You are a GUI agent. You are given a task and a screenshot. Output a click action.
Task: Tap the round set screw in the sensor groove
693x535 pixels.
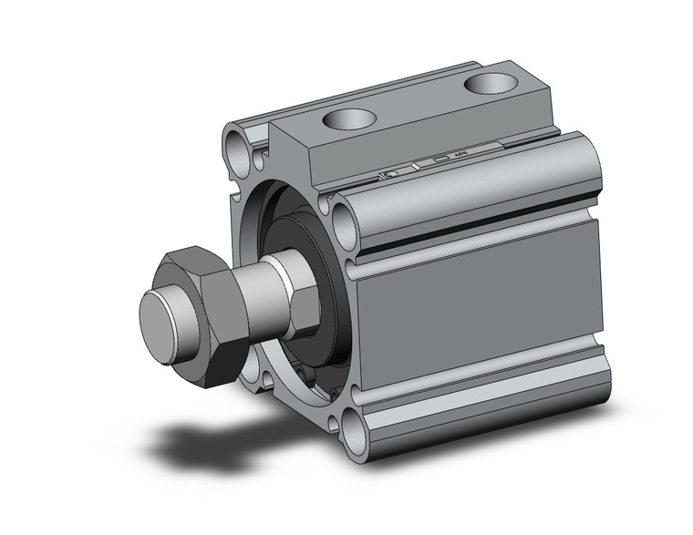click(389, 173)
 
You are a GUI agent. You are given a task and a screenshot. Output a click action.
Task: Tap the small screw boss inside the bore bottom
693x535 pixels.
click(305, 375)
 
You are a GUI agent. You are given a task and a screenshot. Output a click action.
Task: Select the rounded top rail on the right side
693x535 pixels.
click(474, 187)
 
